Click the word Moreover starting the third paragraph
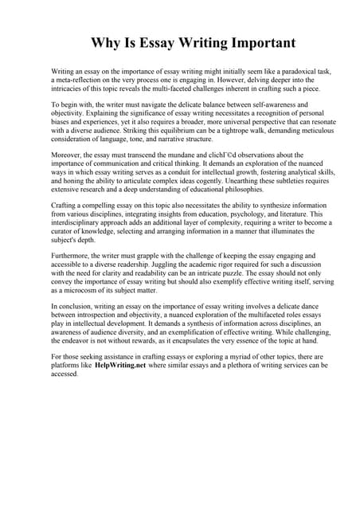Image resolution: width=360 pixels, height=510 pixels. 69,155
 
